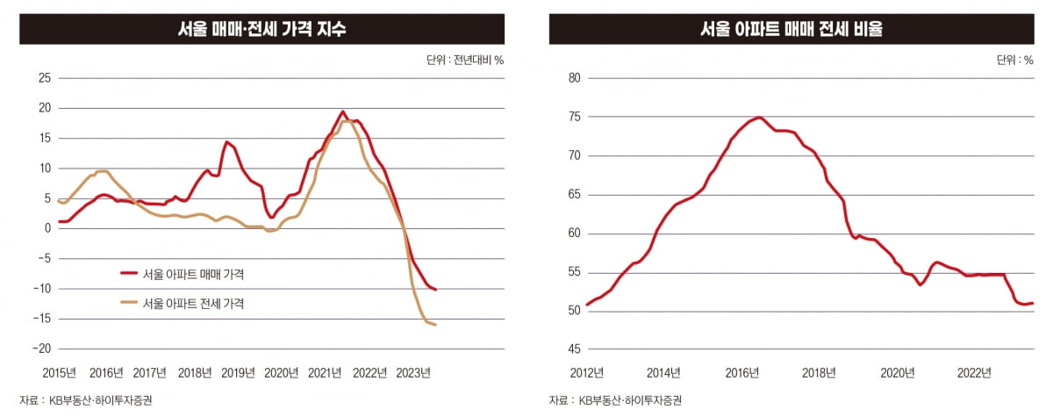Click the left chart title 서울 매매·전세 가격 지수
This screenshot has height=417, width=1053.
click(261, 29)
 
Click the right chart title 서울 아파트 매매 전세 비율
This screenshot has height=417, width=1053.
click(791, 29)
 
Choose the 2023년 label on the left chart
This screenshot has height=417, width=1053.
click(414, 371)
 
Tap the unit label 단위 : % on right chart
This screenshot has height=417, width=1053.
click(1015, 61)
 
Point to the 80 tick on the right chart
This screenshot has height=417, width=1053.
click(576, 78)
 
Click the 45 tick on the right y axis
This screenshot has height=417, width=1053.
click(576, 349)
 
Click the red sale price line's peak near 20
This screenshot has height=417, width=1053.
click(342, 111)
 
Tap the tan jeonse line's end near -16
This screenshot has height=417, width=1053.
click(436, 325)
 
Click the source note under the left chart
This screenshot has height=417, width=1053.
click(79, 400)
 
